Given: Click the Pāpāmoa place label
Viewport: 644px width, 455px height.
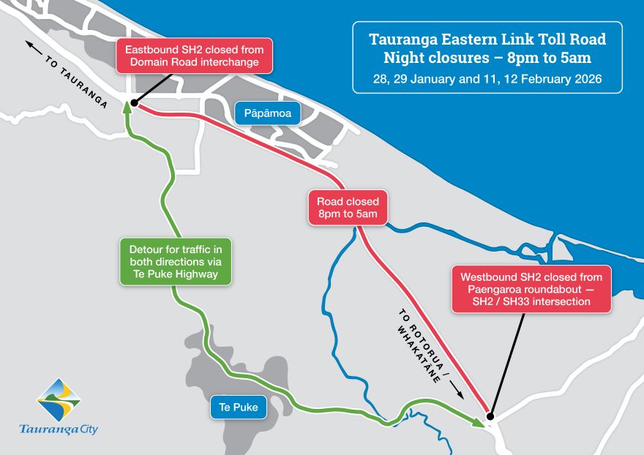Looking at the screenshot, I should [x=263, y=113].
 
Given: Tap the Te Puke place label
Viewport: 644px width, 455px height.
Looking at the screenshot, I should [x=238, y=407].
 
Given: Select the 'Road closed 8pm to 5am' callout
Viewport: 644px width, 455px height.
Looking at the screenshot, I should [x=348, y=208].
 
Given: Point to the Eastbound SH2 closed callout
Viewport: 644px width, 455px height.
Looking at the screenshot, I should [x=192, y=56].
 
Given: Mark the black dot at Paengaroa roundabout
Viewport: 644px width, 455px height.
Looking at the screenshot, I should [x=490, y=417].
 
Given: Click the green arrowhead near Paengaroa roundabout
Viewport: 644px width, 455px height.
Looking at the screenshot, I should [x=479, y=421].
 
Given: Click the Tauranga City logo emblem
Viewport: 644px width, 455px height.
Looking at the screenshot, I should [x=59, y=400].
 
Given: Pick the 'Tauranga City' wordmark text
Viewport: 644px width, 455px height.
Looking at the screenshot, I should [x=59, y=429].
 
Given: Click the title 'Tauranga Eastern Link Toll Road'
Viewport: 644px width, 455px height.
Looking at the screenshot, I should [x=487, y=39].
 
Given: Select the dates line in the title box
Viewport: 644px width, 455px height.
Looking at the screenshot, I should [x=487, y=78].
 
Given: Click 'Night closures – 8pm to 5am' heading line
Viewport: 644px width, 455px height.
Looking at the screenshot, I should [x=487, y=57].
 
